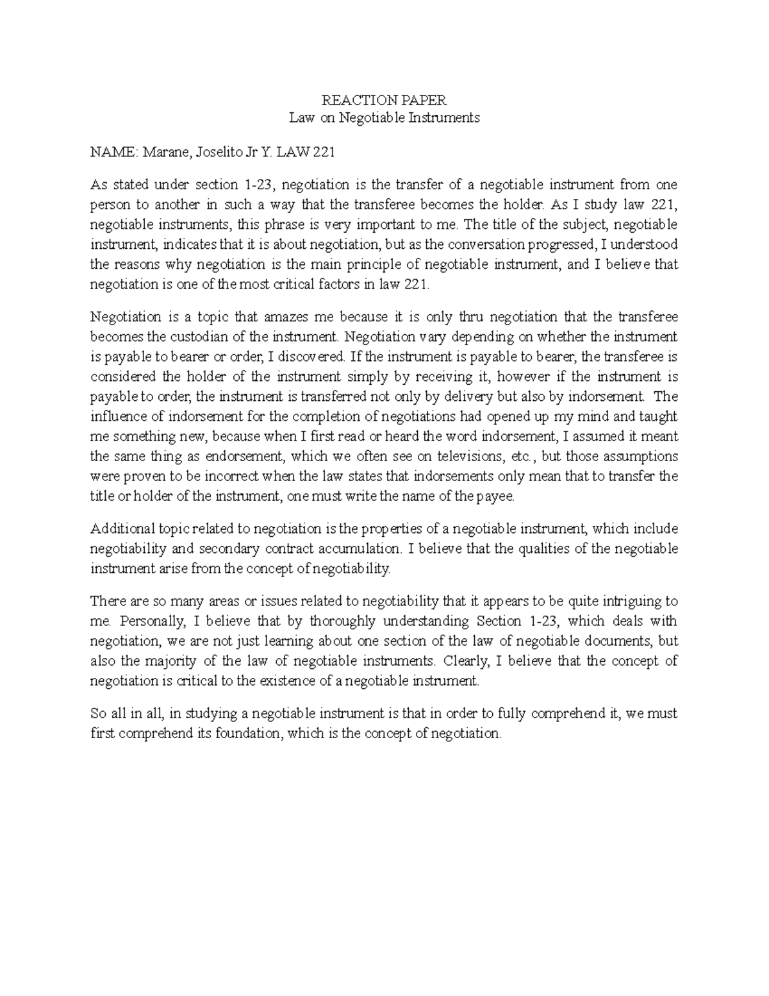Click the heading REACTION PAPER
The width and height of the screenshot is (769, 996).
(x=384, y=100)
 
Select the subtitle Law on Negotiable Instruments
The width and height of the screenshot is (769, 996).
(x=384, y=118)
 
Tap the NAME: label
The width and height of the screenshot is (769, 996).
(x=113, y=152)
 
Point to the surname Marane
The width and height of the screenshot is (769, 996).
(x=163, y=152)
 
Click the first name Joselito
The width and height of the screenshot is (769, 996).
(x=213, y=152)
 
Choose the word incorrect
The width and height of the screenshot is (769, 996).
(x=228, y=477)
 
